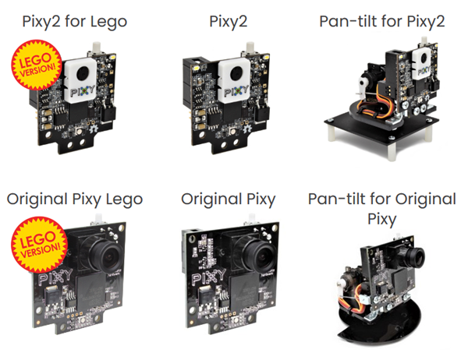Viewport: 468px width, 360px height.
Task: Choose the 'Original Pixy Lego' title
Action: click(74, 199)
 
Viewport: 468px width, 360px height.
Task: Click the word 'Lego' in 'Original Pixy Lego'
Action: click(125, 199)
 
